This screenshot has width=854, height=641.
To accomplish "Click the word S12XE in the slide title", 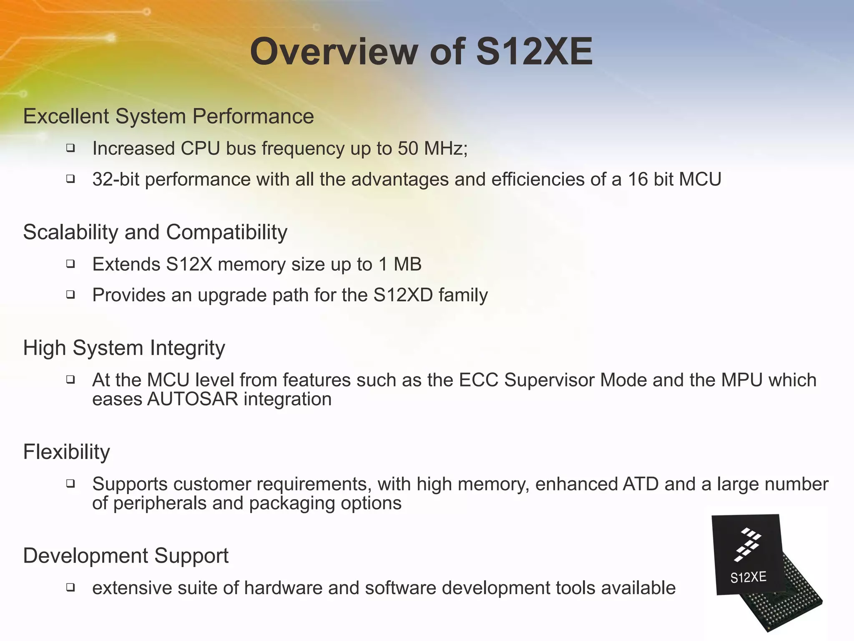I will coord(534,52).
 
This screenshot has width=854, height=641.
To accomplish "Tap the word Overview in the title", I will coord(334,52).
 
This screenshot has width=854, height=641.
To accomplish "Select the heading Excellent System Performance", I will coord(168,116).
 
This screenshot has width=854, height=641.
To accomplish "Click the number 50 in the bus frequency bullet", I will coord(408,149).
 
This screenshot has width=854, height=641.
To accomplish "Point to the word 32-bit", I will coord(116,179).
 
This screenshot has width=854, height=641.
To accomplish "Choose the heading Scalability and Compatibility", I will coord(155,232).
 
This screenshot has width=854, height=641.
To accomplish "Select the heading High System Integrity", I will coord(124,348).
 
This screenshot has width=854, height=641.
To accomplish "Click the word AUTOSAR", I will coord(193,399).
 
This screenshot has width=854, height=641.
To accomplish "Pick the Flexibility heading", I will coord(66,452).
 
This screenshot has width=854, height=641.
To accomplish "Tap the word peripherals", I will coord(160,503).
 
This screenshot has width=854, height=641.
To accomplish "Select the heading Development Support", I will coord(126,556).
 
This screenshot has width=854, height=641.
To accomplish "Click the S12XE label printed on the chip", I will coord(748,578).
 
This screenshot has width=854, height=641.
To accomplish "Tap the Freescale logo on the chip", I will coord(747,544).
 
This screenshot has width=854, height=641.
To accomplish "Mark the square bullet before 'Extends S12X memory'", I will coord(70,264).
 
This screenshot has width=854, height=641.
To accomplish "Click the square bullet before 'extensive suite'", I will coord(70,588).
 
